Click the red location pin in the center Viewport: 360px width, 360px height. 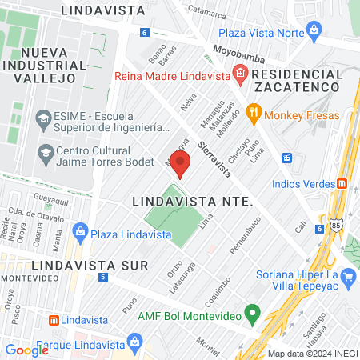(x=181, y=163)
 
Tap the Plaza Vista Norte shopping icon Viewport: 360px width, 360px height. (x=314, y=33)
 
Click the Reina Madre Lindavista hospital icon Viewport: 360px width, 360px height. (x=240, y=74)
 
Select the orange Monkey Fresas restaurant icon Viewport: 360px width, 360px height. (x=254, y=114)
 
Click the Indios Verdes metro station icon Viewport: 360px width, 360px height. (x=342, y=183)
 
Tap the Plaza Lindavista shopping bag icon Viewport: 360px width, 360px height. (x=79, y=233)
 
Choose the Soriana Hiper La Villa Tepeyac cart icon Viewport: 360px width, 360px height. (x=347, y=278)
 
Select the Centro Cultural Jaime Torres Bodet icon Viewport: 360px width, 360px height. (x=44, y=152)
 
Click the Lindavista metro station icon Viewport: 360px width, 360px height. (x=54, y=320)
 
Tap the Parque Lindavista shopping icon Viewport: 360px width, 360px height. (x=134, y=345)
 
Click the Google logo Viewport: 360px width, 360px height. (x=26, y=350)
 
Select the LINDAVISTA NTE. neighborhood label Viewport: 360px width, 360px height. (x=191, y=202)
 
